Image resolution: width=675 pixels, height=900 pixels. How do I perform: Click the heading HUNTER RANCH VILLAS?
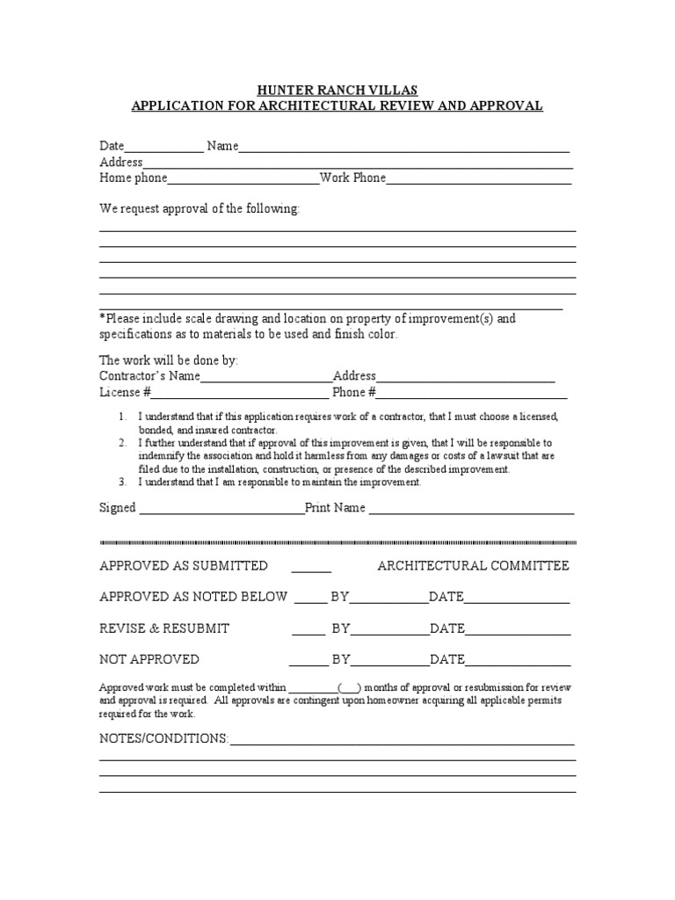(x=337, y=90)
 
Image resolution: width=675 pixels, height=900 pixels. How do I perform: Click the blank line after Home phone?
(x=243, y=179)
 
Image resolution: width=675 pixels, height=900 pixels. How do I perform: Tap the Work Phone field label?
(x=352, y=178)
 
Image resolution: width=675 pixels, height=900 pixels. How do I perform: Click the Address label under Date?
(x=120, y=162)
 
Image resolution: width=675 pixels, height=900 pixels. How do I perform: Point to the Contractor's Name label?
(x=149, y=375)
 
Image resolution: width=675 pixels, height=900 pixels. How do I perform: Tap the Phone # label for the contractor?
(x=354, y=392)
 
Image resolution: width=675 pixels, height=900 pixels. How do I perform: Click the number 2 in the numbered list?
(x=123, y=443)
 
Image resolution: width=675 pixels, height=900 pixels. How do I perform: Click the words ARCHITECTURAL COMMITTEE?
(x=473, y=565)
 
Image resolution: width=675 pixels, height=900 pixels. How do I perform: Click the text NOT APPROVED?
(x=149, y=659)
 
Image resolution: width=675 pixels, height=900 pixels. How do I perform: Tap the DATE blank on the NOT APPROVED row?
(x=518, y=661)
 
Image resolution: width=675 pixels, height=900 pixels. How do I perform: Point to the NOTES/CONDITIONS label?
(x=163, y=738)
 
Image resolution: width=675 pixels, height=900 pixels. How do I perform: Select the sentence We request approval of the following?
(x=200, y=209)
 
